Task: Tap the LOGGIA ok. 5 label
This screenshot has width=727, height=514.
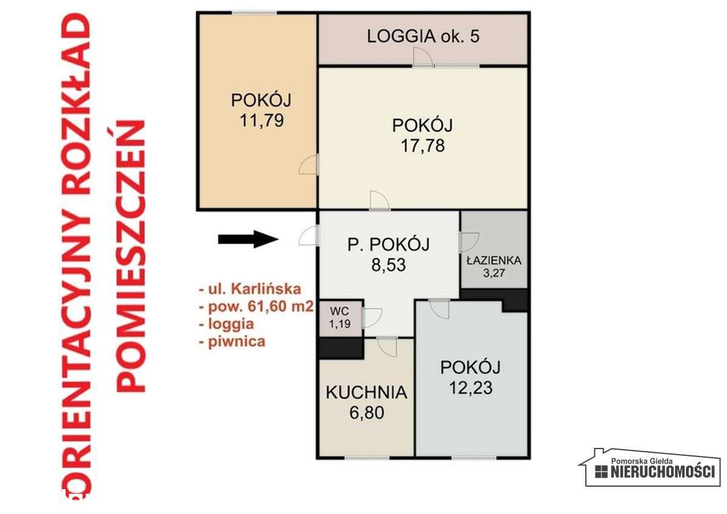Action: (423, 36)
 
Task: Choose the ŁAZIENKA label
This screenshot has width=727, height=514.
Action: (494, 261)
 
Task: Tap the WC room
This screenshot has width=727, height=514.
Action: (340, 315)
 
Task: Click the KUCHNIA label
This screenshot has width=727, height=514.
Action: (366, 392)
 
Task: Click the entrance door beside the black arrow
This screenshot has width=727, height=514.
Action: (308, 236)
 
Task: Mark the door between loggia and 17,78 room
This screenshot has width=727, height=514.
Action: (422, 58)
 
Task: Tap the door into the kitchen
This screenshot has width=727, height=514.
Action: (385, 346)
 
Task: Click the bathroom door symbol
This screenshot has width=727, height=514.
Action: (468, 241)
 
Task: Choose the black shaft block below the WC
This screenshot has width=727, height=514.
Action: (340, 348)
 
